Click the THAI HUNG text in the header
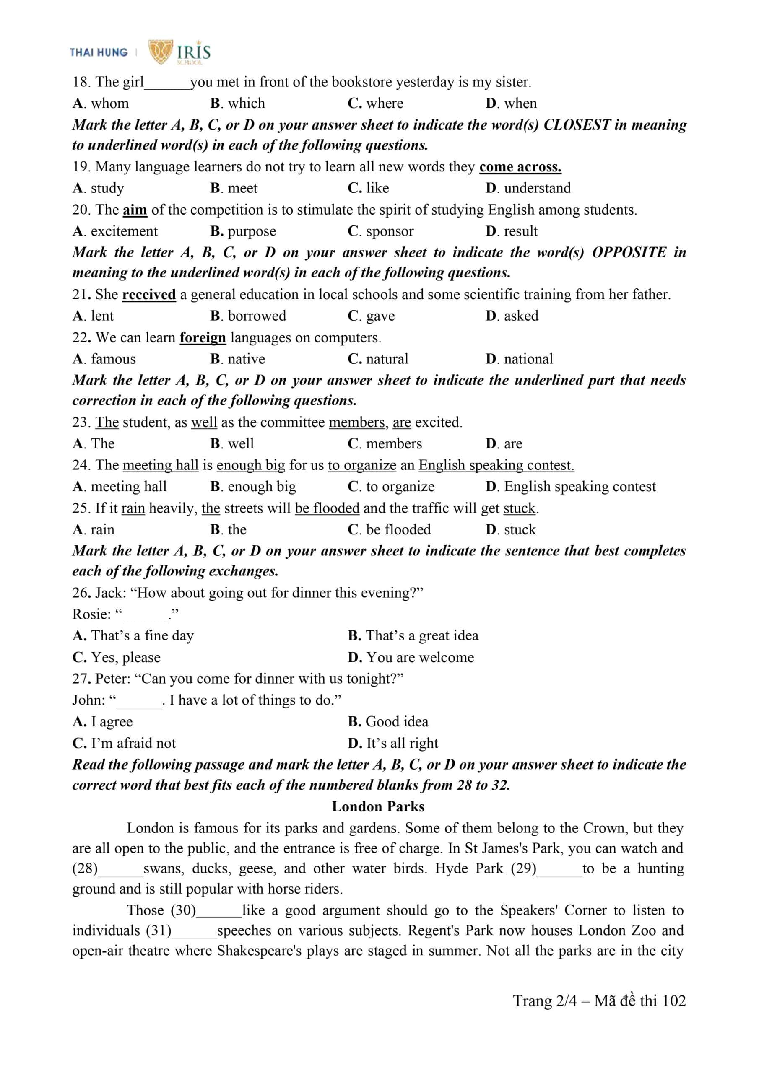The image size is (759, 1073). (99, 52)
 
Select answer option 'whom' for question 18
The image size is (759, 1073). (109, 103)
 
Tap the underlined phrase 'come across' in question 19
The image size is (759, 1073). (520, 167)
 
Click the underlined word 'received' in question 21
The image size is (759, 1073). (149, 294)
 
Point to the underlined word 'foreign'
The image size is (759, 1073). (203, 337)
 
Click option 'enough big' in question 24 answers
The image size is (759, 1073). (261, 487)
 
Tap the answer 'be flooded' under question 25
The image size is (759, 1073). (398, 529)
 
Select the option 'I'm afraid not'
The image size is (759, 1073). (133, 743)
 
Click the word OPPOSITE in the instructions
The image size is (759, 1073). (629, 252)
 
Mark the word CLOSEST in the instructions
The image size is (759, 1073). (577, 125)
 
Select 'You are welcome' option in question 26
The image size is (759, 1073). (419, 658)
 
